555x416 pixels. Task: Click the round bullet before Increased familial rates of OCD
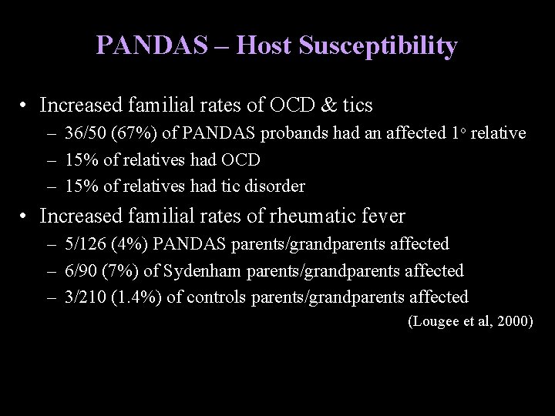click(26, 103)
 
